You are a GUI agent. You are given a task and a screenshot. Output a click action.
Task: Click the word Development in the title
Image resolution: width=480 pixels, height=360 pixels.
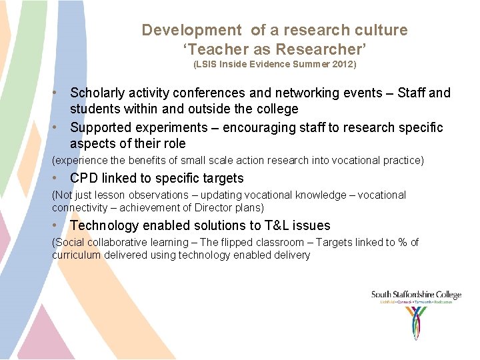(x=191, y=30)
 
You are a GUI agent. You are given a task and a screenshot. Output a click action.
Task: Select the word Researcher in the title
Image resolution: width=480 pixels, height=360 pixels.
(x=327, y=49)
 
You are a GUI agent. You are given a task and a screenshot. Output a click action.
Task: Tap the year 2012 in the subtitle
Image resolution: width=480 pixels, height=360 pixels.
(x=342, y=65)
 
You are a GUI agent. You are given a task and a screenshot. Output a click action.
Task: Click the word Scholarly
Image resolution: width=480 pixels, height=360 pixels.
(x=98, y=93)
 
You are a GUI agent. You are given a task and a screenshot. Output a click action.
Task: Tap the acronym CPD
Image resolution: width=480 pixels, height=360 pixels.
(x=83, y=178)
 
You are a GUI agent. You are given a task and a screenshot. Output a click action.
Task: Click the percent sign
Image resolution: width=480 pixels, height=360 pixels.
(x=402, y=242)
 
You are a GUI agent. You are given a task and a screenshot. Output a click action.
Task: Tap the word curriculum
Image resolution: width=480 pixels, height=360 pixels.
(x=76, y=255)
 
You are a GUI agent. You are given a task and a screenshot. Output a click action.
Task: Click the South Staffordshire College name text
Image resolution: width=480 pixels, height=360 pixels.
(x=416, y=295)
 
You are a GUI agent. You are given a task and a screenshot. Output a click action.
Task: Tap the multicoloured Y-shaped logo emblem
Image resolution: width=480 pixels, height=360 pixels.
(x=416, y=322)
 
